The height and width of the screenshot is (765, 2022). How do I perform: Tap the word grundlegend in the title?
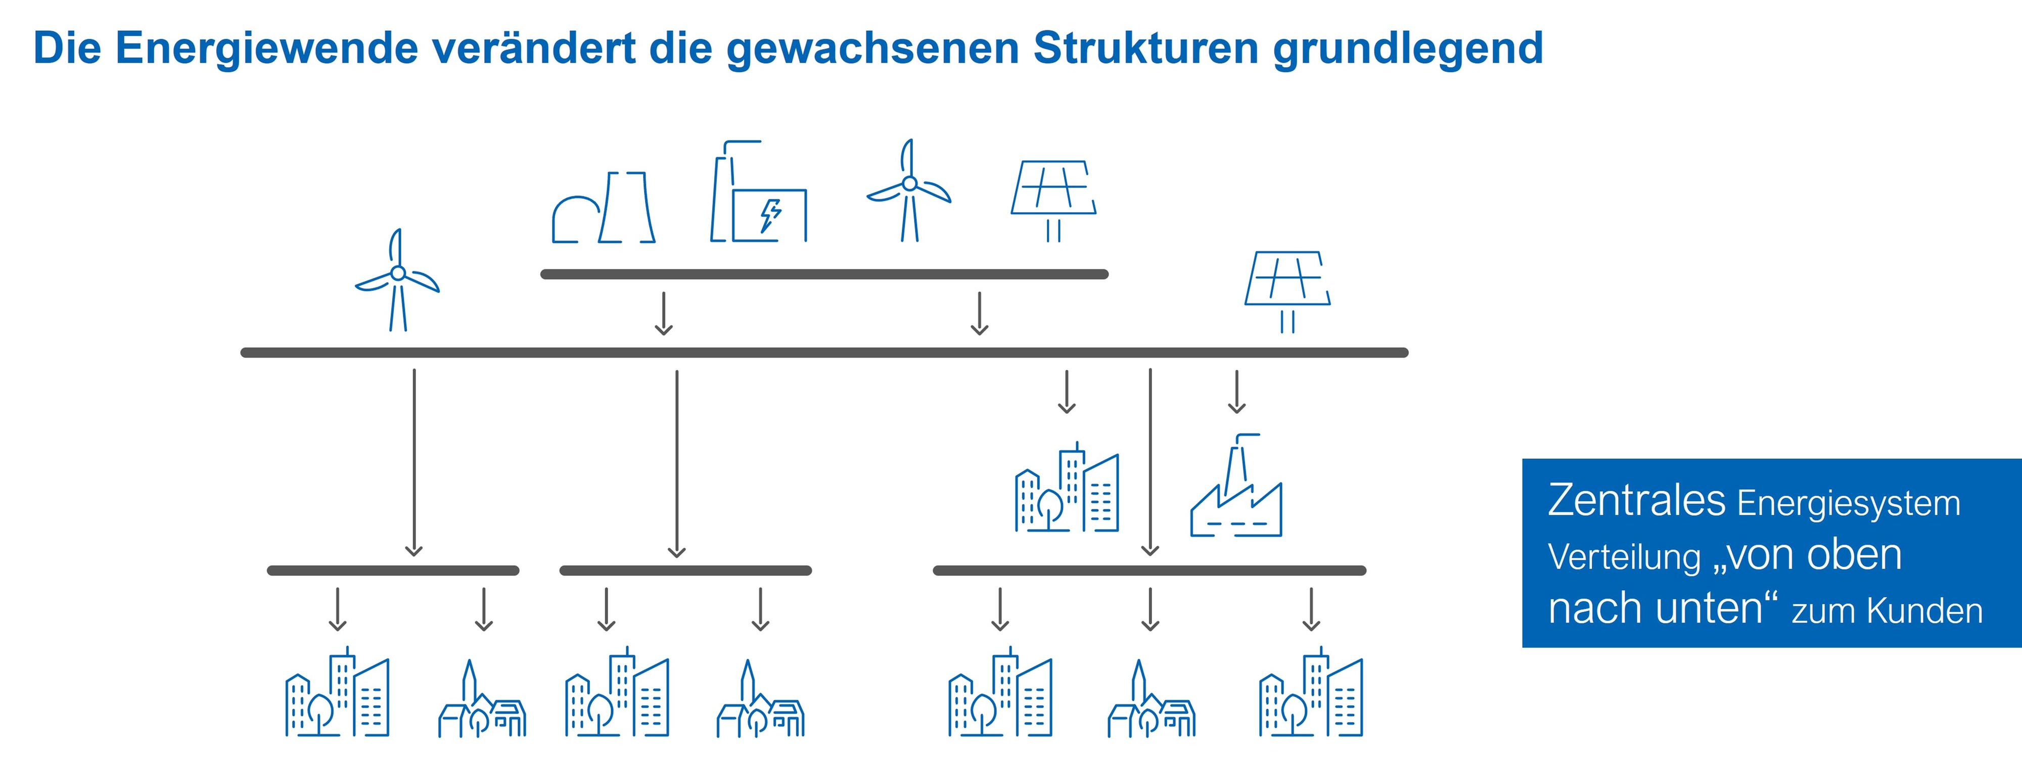click(1408, 49)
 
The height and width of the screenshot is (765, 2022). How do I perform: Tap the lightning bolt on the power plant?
click(771, 215)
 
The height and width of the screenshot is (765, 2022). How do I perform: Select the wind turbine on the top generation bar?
click(909, 190)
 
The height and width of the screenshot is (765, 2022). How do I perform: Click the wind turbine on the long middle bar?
click(398, 279)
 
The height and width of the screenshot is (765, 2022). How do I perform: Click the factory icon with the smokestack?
click(1236, 486)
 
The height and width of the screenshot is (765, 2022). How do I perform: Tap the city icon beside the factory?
click(1067, 487)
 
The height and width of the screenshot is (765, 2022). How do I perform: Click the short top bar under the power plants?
click(824, 274)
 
